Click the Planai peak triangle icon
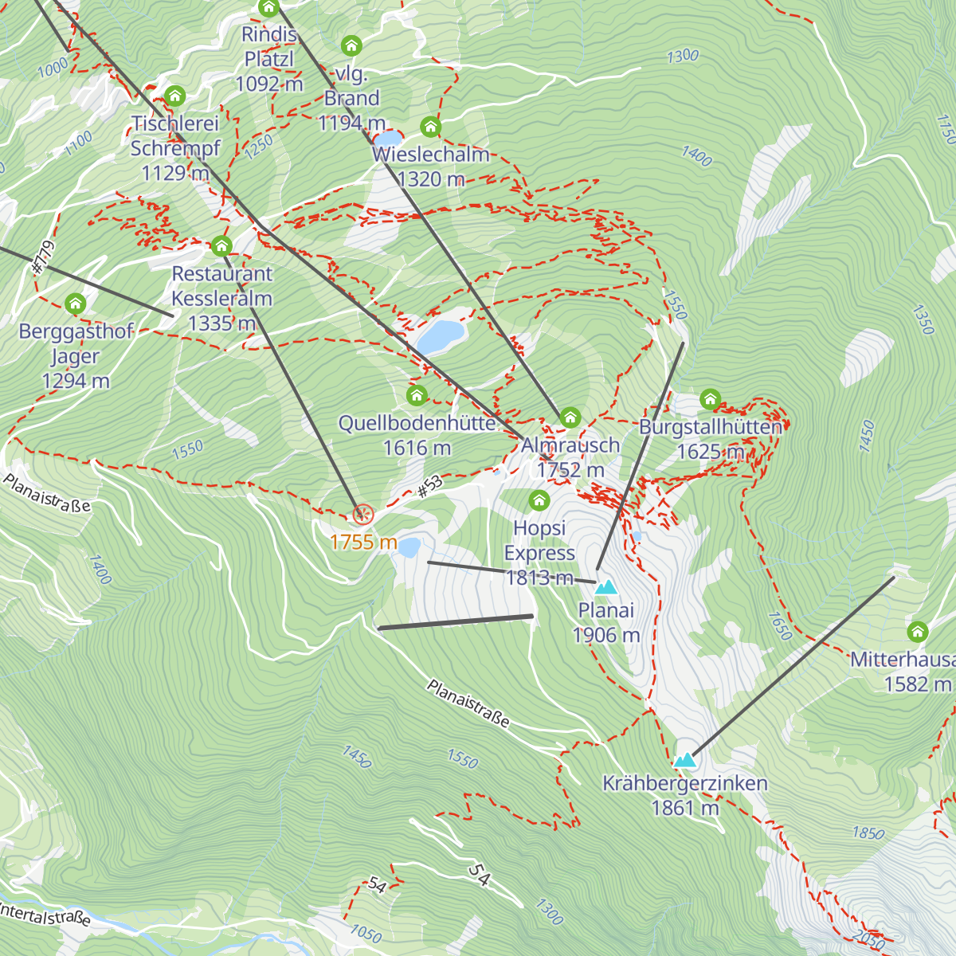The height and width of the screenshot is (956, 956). pos(606,587)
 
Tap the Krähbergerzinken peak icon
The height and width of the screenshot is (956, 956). pos(685,760)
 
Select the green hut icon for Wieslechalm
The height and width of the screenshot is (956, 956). pos(430,127)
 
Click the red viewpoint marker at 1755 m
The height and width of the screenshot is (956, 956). pos(362,515)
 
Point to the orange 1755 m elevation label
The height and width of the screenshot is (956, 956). pos(363,543)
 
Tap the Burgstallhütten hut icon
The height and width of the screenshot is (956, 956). pos(710,399)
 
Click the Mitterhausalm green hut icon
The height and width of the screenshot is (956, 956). pos(918,633)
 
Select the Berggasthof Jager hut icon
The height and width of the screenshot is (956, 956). pos(76,304)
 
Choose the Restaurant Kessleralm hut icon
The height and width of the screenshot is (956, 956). pos(221,246)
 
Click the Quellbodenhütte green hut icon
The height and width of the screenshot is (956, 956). pos(417,395)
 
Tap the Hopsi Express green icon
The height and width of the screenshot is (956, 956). pos(539,500)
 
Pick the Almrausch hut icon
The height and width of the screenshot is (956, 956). pos(570,417)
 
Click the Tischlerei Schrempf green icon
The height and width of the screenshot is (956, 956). pos(175,97)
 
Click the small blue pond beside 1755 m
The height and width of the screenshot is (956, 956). pos(409,547)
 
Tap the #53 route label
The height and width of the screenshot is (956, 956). pos(429,487)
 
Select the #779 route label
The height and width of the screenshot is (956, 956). pos(43,258)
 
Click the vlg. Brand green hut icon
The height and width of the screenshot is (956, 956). pos(351,45)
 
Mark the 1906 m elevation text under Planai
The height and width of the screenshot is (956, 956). pos(606,635)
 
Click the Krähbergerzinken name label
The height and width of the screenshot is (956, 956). pos(685,783)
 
